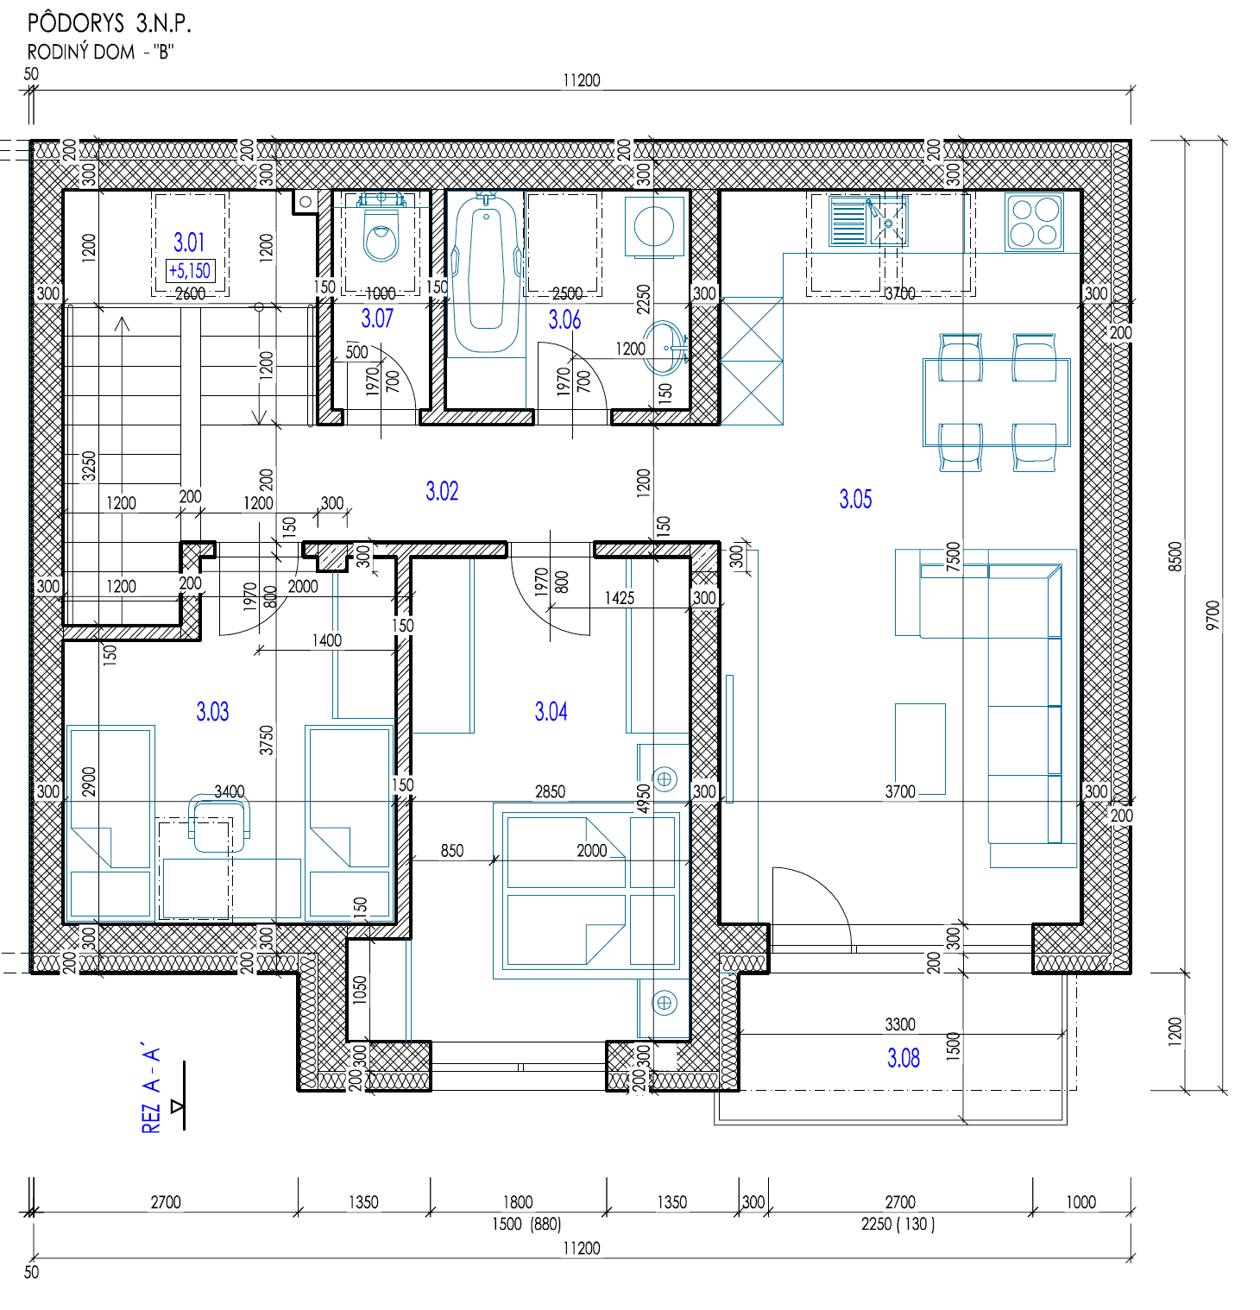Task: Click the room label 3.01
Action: tap(189, 242)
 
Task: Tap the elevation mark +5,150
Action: tap(190, 271)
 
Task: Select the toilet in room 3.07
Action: tap(381, 228)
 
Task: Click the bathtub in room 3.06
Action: tap(487, 274)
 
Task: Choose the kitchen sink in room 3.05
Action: tap(868, 222)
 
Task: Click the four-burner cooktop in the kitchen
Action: tap(1035, 223)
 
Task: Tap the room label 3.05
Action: tap(855, 499)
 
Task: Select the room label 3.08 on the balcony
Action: tap(904, 1058)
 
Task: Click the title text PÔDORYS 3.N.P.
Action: tap(109, 22)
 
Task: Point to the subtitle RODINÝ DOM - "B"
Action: tap(100, 52)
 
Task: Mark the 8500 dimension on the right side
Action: tap(1175, 556)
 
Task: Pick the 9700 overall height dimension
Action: tap(1213, 614)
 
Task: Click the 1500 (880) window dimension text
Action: tap(526, 1224)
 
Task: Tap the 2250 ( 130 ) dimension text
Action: tap(898, 1224)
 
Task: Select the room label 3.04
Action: tap(551, 711)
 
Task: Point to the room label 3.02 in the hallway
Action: tap(442, 491)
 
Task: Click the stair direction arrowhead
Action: tap(122, 324)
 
